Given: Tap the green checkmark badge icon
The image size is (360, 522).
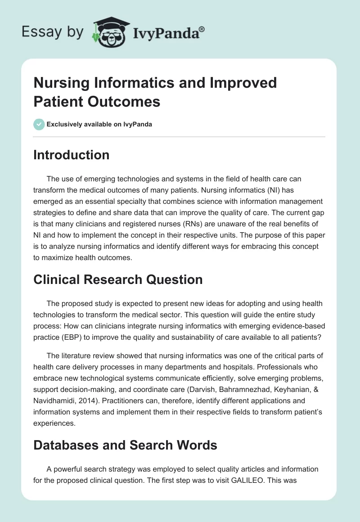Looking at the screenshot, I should coord(39,125).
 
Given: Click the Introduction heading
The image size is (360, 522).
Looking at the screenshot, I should coord(72,155).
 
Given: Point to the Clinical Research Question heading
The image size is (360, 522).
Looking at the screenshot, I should coord(118,279).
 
